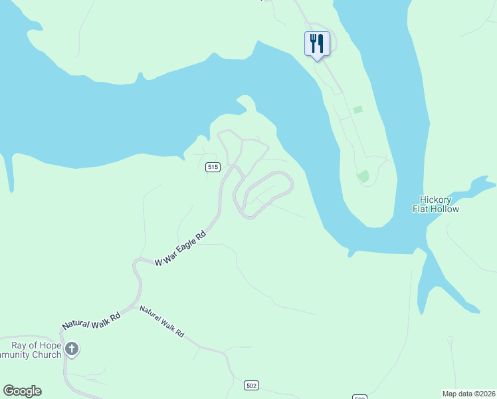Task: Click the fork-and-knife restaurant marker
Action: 317,44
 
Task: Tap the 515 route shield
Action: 213,167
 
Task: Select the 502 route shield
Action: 250,386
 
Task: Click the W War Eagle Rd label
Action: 181,249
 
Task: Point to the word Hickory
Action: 436,199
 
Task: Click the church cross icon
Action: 72,348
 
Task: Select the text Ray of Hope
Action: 36,345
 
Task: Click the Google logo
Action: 22,391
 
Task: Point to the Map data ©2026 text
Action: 469,394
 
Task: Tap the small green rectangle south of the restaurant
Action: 358,109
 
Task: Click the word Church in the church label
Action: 47,354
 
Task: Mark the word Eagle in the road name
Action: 189,243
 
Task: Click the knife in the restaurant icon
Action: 321,43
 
